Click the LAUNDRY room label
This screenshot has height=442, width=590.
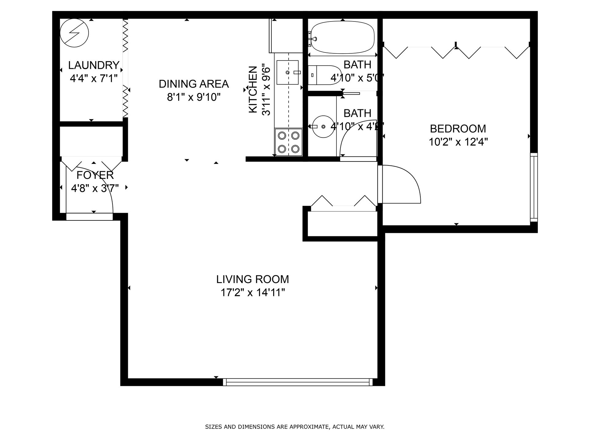tap(94, 65)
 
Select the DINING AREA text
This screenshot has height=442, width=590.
tap(194, 84)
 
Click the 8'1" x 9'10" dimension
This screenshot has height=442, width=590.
tap(194, 97)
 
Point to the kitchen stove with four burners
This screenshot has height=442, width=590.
tap(289, 142)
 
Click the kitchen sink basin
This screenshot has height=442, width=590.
tap(287, 72)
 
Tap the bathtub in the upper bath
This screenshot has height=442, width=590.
tap(342, 37)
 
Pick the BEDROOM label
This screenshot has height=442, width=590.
tap(458, 128)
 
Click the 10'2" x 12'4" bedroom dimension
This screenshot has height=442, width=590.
tap(458, 142)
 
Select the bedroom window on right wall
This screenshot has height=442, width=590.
tap(534, 187)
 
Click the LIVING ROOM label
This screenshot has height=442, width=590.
tap(253, 279)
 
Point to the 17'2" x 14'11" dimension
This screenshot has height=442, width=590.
tap(253, 293)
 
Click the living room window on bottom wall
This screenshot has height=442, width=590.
tap(297, 382)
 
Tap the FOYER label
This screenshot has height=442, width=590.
tap(95, 175)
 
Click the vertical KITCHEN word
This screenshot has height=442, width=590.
tap(253, 89)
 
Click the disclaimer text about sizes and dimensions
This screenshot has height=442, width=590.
tap(295, 427)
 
